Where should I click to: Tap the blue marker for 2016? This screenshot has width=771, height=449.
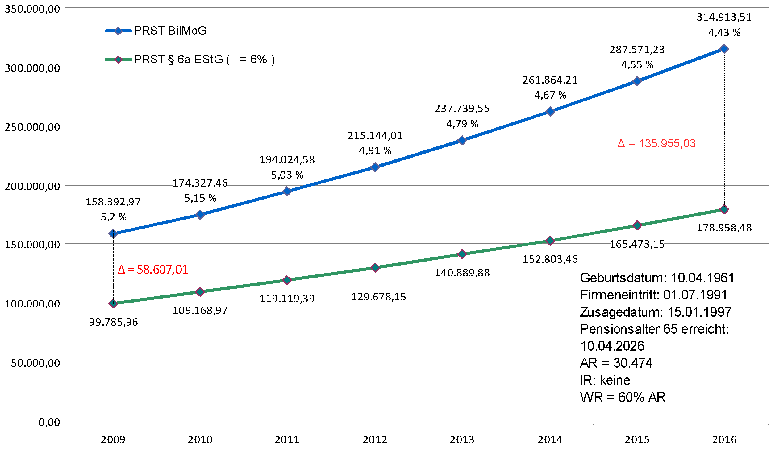(724, 49)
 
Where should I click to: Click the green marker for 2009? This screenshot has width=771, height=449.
(113, 303)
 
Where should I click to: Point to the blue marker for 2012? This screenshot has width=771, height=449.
(375, 167)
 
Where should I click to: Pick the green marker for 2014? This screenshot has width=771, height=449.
(550, 241)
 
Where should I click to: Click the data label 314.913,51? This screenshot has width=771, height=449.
(724, 17)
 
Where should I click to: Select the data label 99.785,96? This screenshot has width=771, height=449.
(113, 322)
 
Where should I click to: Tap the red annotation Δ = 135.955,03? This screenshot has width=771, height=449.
(656, 144)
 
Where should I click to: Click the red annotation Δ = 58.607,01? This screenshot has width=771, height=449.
(153, 270)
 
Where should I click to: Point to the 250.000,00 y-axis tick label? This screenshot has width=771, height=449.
(32, 127)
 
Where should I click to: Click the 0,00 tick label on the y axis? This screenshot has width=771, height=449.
(49, 422)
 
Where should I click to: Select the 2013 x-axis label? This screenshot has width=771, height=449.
(462, 439)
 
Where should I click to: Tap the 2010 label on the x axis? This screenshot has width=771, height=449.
(200, 439)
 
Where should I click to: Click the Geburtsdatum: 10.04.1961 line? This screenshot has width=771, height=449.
(657, 278)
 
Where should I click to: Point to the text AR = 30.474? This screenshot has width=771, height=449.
(616, 363)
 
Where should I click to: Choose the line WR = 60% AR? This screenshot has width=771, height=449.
(623, 397)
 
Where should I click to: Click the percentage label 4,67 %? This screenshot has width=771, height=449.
(550, 95)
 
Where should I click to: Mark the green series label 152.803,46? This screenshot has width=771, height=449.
(550, 259)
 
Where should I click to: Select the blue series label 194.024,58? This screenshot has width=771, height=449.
(287, 160)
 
